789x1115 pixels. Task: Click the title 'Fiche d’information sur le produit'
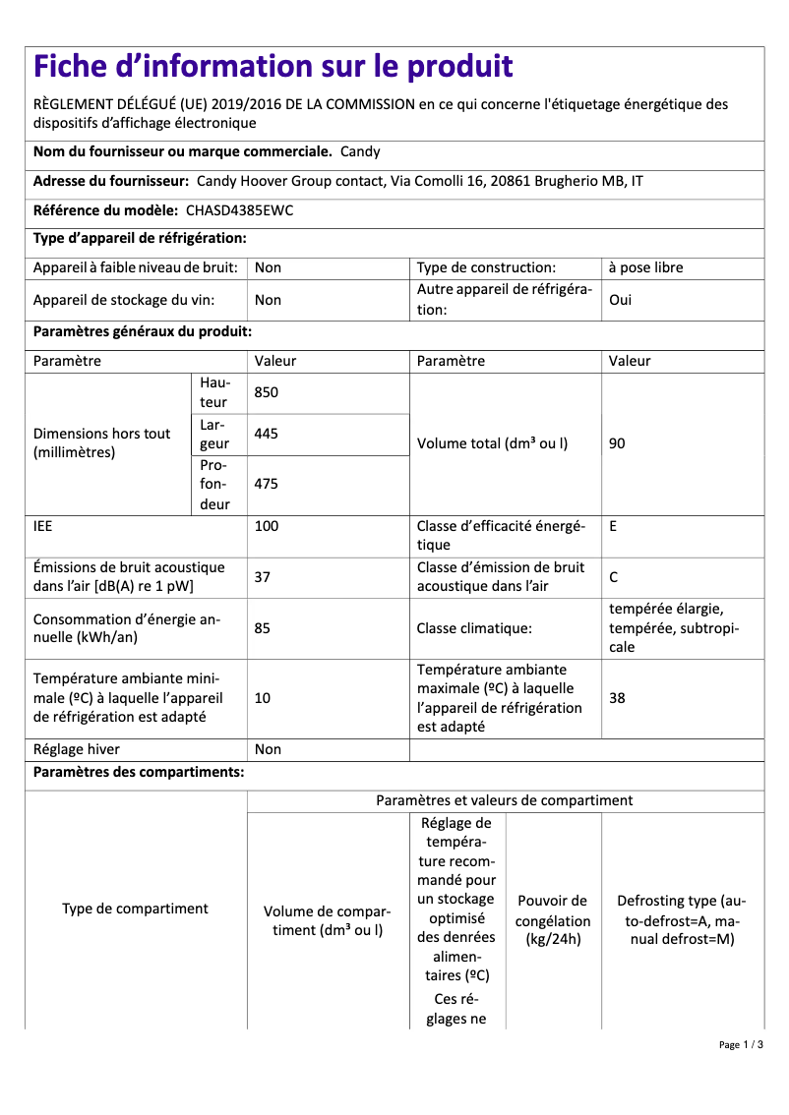(x=273, y=67)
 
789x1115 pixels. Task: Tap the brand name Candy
(x=360, y=151)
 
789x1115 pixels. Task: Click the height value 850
(x=267, y=392)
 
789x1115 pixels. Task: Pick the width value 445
(x=267, y=434)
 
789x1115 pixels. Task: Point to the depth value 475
(x=267, y=484)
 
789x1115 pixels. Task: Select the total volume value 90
(x=617, y=443)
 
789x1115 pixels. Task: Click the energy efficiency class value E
(x=613, y=526)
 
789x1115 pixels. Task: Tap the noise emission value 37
(x=263, y=577)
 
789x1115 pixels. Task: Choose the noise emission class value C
(x=614, y=577)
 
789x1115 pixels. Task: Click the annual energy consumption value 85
(x=263, y=628)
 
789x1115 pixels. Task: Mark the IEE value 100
(x=267, y=526)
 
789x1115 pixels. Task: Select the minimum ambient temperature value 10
(x=263, y=698)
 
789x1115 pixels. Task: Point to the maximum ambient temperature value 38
(x=617, y=698)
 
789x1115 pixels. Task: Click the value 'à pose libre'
(x=645, y=267)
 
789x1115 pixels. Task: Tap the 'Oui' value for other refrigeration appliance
(x=620, y=300)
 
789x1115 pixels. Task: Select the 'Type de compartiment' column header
(x=136, y=909)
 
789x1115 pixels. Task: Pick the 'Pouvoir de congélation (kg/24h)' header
(x=553, y=920)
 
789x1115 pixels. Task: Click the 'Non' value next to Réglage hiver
(x=268, y=749)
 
